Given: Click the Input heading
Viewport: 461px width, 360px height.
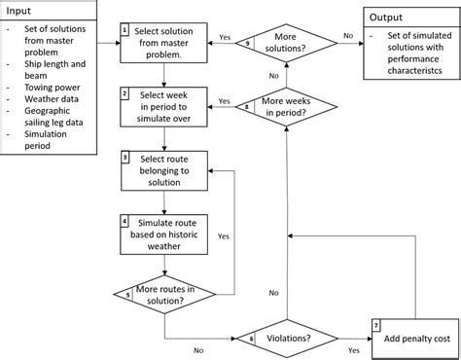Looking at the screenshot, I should [x=18, y=9].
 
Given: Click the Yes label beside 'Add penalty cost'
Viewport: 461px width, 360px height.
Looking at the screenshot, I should [x=353, y=347].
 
